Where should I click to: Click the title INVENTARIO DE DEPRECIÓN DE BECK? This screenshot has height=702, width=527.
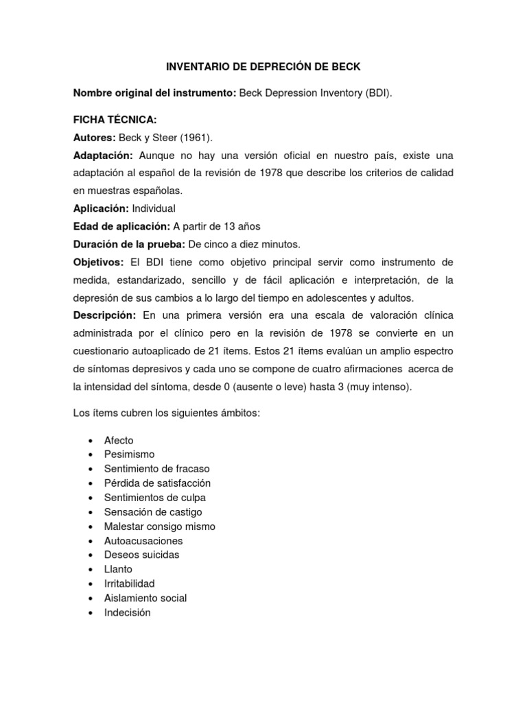point(264,66)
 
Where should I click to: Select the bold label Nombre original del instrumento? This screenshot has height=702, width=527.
point(154,93)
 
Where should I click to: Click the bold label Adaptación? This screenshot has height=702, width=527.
point(104,156)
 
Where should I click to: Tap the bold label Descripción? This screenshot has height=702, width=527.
point(105,315)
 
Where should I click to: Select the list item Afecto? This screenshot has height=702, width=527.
point(119,440)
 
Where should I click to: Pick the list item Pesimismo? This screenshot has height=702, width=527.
point(129,455)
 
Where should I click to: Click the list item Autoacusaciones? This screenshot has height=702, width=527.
point(143,541)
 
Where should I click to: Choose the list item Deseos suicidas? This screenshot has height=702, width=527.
point(141,555)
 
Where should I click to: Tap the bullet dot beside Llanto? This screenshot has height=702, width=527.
point(91,570)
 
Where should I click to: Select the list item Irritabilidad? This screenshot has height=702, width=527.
point(129,583)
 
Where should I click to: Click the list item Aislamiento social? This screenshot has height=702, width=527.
point(145,598)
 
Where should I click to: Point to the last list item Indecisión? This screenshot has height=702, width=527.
point(127,612)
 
